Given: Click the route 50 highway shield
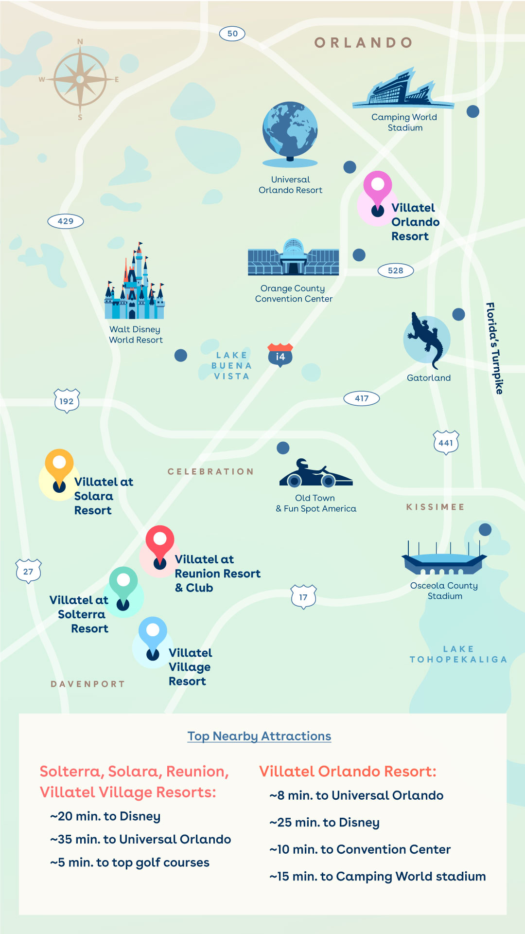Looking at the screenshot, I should [232, 34].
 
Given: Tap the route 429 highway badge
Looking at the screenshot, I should [66, 221].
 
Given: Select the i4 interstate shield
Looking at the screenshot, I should [280, 355].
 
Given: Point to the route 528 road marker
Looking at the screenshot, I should [396, 270].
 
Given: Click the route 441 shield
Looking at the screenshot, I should [446, 443].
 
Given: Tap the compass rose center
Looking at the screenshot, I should [80, 79].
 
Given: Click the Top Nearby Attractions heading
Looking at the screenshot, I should [259, 736].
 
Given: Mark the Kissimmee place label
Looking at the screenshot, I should [435, 507].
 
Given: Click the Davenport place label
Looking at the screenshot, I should [88, 684].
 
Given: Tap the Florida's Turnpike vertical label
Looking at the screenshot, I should [494, 348].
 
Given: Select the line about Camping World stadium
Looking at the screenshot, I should [378, 876].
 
